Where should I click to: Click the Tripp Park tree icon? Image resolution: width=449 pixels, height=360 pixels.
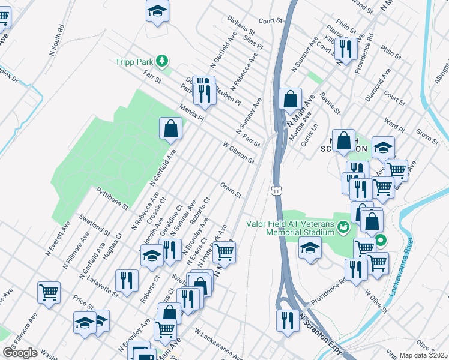tap(161, 61)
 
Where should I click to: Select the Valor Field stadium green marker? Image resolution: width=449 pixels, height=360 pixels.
tap(343, 227)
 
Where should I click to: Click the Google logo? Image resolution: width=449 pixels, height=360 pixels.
tap(20, 353)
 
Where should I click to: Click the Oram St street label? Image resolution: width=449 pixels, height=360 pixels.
tap(231, 190)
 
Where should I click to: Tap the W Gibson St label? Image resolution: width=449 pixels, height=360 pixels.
tap(238, 153)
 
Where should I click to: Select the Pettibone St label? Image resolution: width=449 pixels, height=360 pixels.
tap(112, 198)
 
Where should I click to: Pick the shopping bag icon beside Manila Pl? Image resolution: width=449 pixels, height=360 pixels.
tap(171, 127)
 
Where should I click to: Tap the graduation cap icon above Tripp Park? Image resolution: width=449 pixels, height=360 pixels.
tap(157, 10)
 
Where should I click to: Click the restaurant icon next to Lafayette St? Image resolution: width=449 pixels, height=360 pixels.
tap(127, 280)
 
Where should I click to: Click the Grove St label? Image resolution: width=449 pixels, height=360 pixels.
tap(427, 135)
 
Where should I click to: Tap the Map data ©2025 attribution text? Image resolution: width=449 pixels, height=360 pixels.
tap(422, 355)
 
